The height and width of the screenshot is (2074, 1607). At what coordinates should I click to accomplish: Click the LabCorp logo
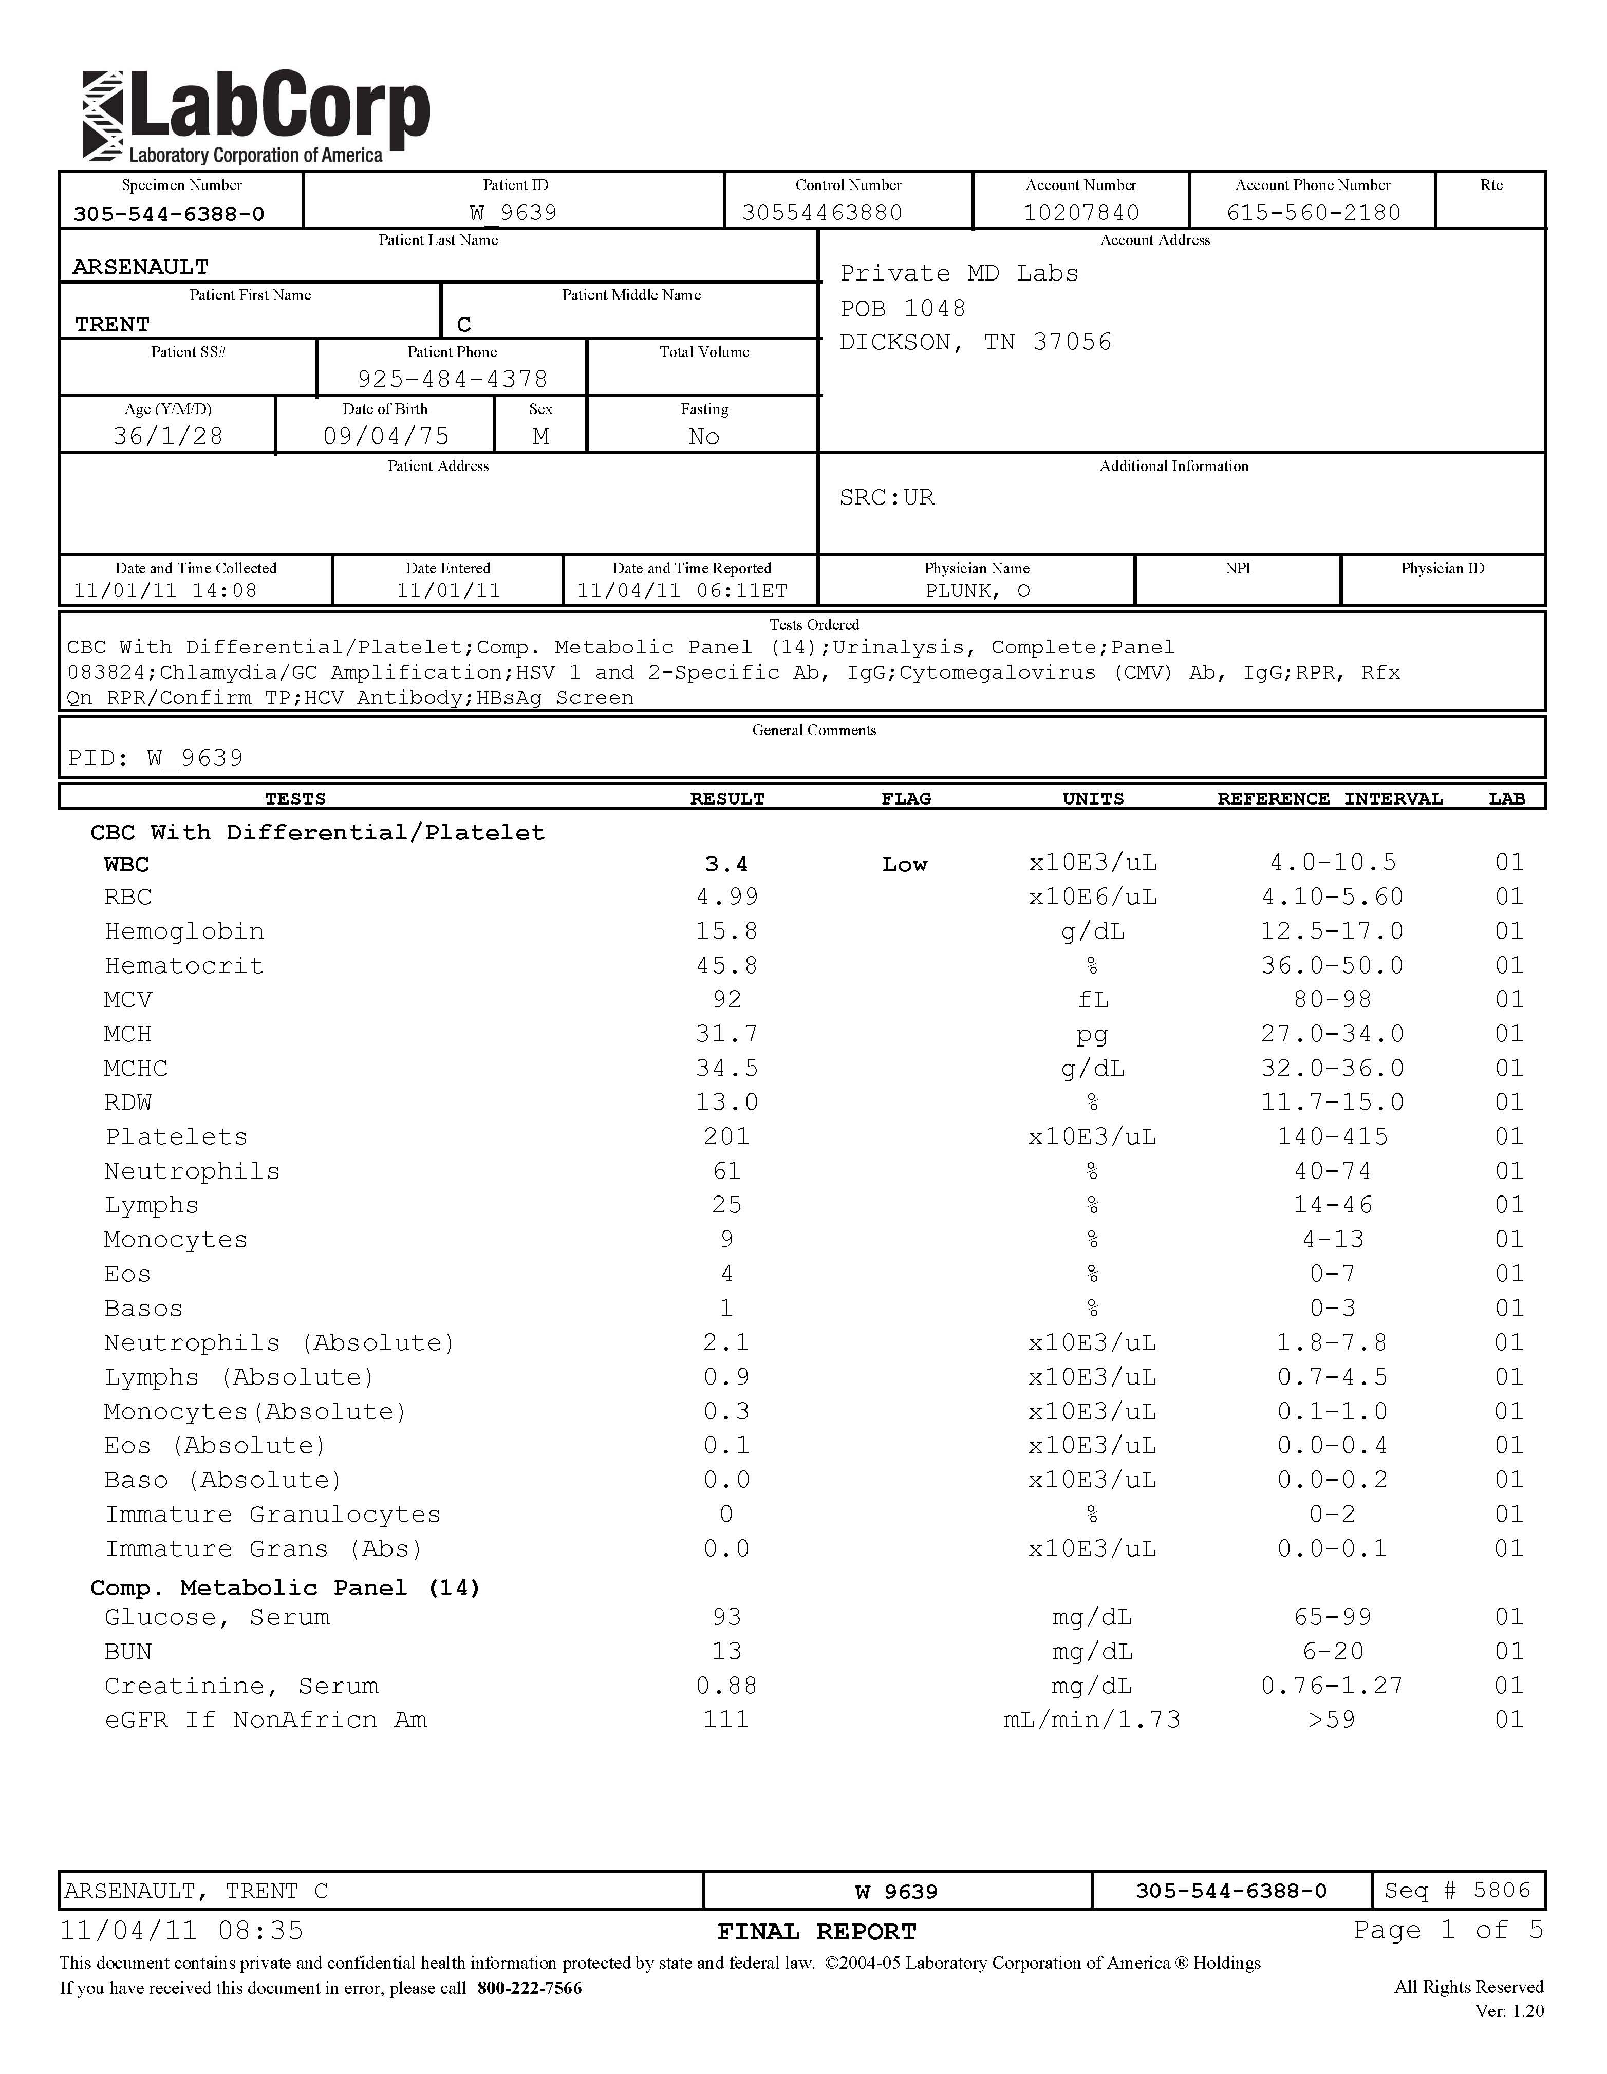point(256,117)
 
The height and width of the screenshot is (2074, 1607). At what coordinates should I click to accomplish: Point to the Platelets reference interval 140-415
point(1333,1137)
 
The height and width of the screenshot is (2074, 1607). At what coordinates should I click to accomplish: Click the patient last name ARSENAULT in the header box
point(141,267)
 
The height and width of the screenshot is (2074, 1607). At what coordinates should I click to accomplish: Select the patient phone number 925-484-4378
point(452,379)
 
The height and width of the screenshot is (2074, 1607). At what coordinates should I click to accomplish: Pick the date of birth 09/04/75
point(386,436)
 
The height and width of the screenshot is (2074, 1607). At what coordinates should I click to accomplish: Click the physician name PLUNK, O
point(977,591)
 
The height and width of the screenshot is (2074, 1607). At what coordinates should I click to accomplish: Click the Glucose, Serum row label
point(217,1617)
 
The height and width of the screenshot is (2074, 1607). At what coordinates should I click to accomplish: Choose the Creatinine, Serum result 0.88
point(726,1686)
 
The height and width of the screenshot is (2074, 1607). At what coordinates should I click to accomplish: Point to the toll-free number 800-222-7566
point(529,1988)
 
